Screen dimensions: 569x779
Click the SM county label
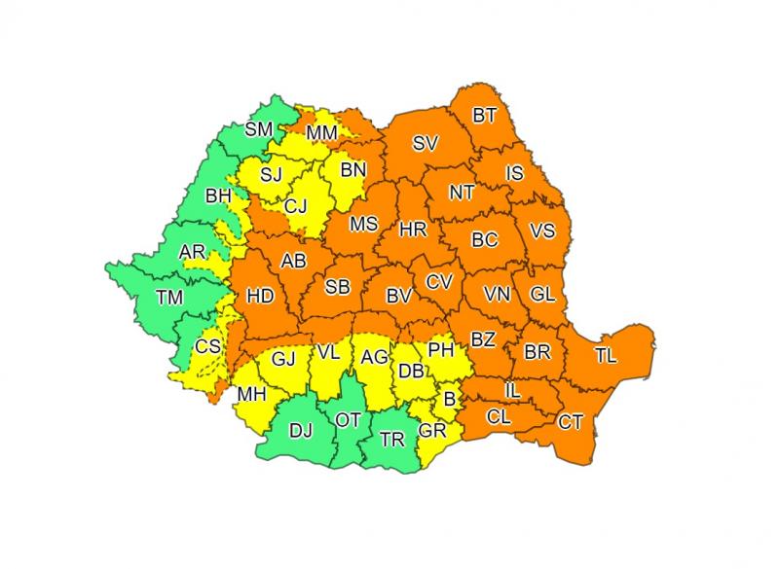coord(259,129)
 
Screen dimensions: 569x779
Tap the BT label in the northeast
coord(484,116)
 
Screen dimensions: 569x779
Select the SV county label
coord(425,143)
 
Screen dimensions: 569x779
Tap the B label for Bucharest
coord(449,398)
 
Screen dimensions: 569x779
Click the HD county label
coord(261,296)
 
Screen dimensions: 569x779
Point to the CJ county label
coord(296,205)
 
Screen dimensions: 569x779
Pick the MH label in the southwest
coord(251,393)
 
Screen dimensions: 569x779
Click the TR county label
coord(393,439)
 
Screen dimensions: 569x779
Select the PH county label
coord(441,347)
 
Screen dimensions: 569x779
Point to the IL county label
coord(512,390)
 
